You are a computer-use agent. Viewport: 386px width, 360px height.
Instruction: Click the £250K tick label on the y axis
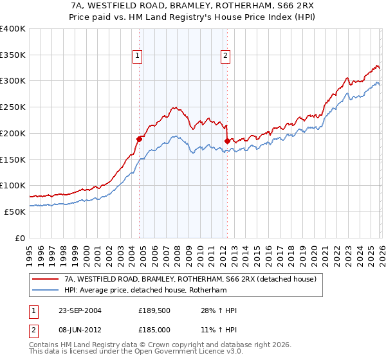click(13, 107)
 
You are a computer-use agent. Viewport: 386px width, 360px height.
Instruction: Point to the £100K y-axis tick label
click(13, 185)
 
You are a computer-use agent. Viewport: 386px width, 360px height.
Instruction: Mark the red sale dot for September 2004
click(139, 138)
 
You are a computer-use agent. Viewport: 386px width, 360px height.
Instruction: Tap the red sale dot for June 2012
click(227, 141)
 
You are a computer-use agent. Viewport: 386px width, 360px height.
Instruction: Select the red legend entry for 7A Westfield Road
click(190, 280)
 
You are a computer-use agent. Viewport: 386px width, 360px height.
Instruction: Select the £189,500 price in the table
click(157, 310)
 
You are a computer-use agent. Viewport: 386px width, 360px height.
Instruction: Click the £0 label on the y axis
click(19, 238)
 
